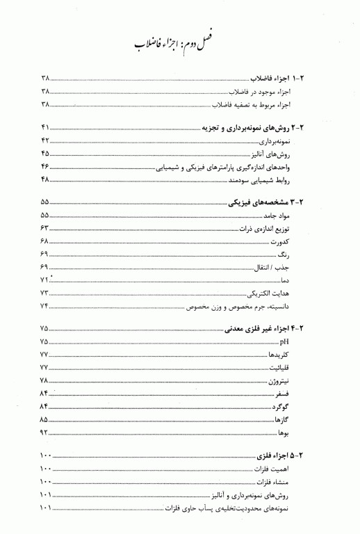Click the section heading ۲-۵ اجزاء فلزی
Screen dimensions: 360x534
click(x=285, y=455)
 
